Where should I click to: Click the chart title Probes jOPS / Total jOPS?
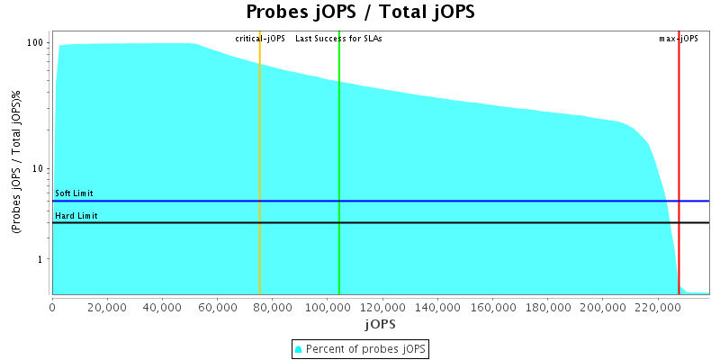coord(360,13)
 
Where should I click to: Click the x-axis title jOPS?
coord(380,323)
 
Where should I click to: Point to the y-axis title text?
coord(16,165)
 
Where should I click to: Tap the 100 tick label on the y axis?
coord(37,43)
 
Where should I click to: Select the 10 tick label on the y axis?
coord(40,169)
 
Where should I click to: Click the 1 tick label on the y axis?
coord(42,260)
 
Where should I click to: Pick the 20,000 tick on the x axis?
coord(107,306)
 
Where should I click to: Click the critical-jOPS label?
coord(260,39)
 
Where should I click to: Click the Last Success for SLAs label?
coord(338,39)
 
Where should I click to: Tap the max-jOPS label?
coord(679,39)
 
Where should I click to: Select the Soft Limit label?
coord(74,193)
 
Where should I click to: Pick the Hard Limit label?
coord(76,216)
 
